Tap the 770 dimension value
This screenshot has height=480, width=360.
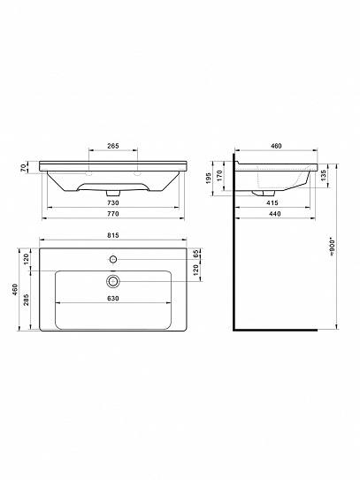click(112, 214)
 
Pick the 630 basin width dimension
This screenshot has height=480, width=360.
click(112, 298)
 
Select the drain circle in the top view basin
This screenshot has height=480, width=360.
click(112, 281)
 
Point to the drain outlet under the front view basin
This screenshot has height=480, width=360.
click(112, 190)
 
